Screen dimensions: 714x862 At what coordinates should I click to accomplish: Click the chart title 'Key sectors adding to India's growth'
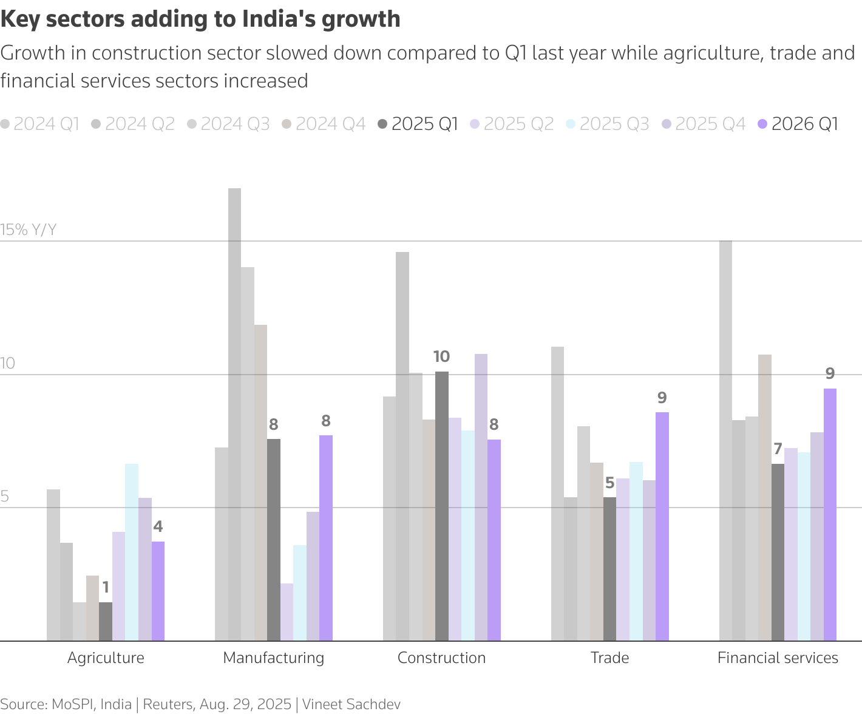pos(200,19)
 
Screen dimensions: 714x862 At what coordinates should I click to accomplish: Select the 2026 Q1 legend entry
pos(798,124)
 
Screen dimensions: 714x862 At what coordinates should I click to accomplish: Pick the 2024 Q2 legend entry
pos(133,124)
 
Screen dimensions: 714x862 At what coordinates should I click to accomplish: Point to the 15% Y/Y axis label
pos(29,229)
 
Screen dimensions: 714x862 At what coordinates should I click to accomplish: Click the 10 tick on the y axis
pos(8,364)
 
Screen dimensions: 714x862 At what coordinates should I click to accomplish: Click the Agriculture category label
pos(106,658)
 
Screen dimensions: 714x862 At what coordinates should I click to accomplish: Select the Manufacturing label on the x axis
pos(274,658)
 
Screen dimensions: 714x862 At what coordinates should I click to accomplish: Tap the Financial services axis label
pos(778,658)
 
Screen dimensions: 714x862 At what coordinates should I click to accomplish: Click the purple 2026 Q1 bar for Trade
pos(662,526)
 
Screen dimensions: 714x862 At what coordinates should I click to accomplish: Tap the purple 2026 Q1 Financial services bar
pos(830,514)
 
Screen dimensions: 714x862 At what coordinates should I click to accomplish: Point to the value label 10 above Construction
pos(441,357)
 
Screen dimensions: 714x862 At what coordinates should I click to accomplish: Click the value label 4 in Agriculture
pos(158,527)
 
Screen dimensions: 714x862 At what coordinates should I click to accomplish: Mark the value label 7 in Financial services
pos(778,450)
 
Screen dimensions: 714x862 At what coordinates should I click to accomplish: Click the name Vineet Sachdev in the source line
pos(351,704)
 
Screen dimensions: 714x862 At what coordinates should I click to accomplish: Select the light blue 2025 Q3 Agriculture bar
pos(132,552)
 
